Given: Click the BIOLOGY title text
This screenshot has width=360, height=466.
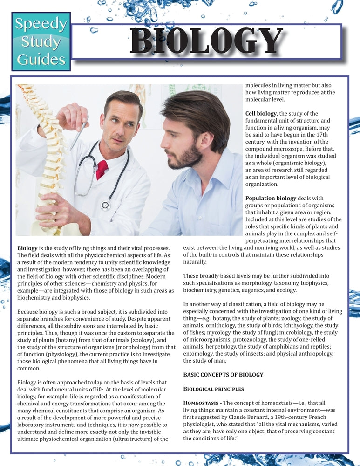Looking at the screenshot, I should point(206,41).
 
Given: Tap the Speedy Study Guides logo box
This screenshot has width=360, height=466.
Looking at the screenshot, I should point(41,42).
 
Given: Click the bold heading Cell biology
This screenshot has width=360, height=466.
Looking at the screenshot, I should point(261,113).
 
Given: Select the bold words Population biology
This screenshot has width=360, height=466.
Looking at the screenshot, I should point(271,198).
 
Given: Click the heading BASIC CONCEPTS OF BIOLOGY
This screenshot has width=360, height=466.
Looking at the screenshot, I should point(223,374).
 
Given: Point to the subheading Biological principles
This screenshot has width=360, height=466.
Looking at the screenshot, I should point(213,389).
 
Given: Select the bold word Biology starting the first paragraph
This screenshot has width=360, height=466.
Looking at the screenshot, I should point(28,248).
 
